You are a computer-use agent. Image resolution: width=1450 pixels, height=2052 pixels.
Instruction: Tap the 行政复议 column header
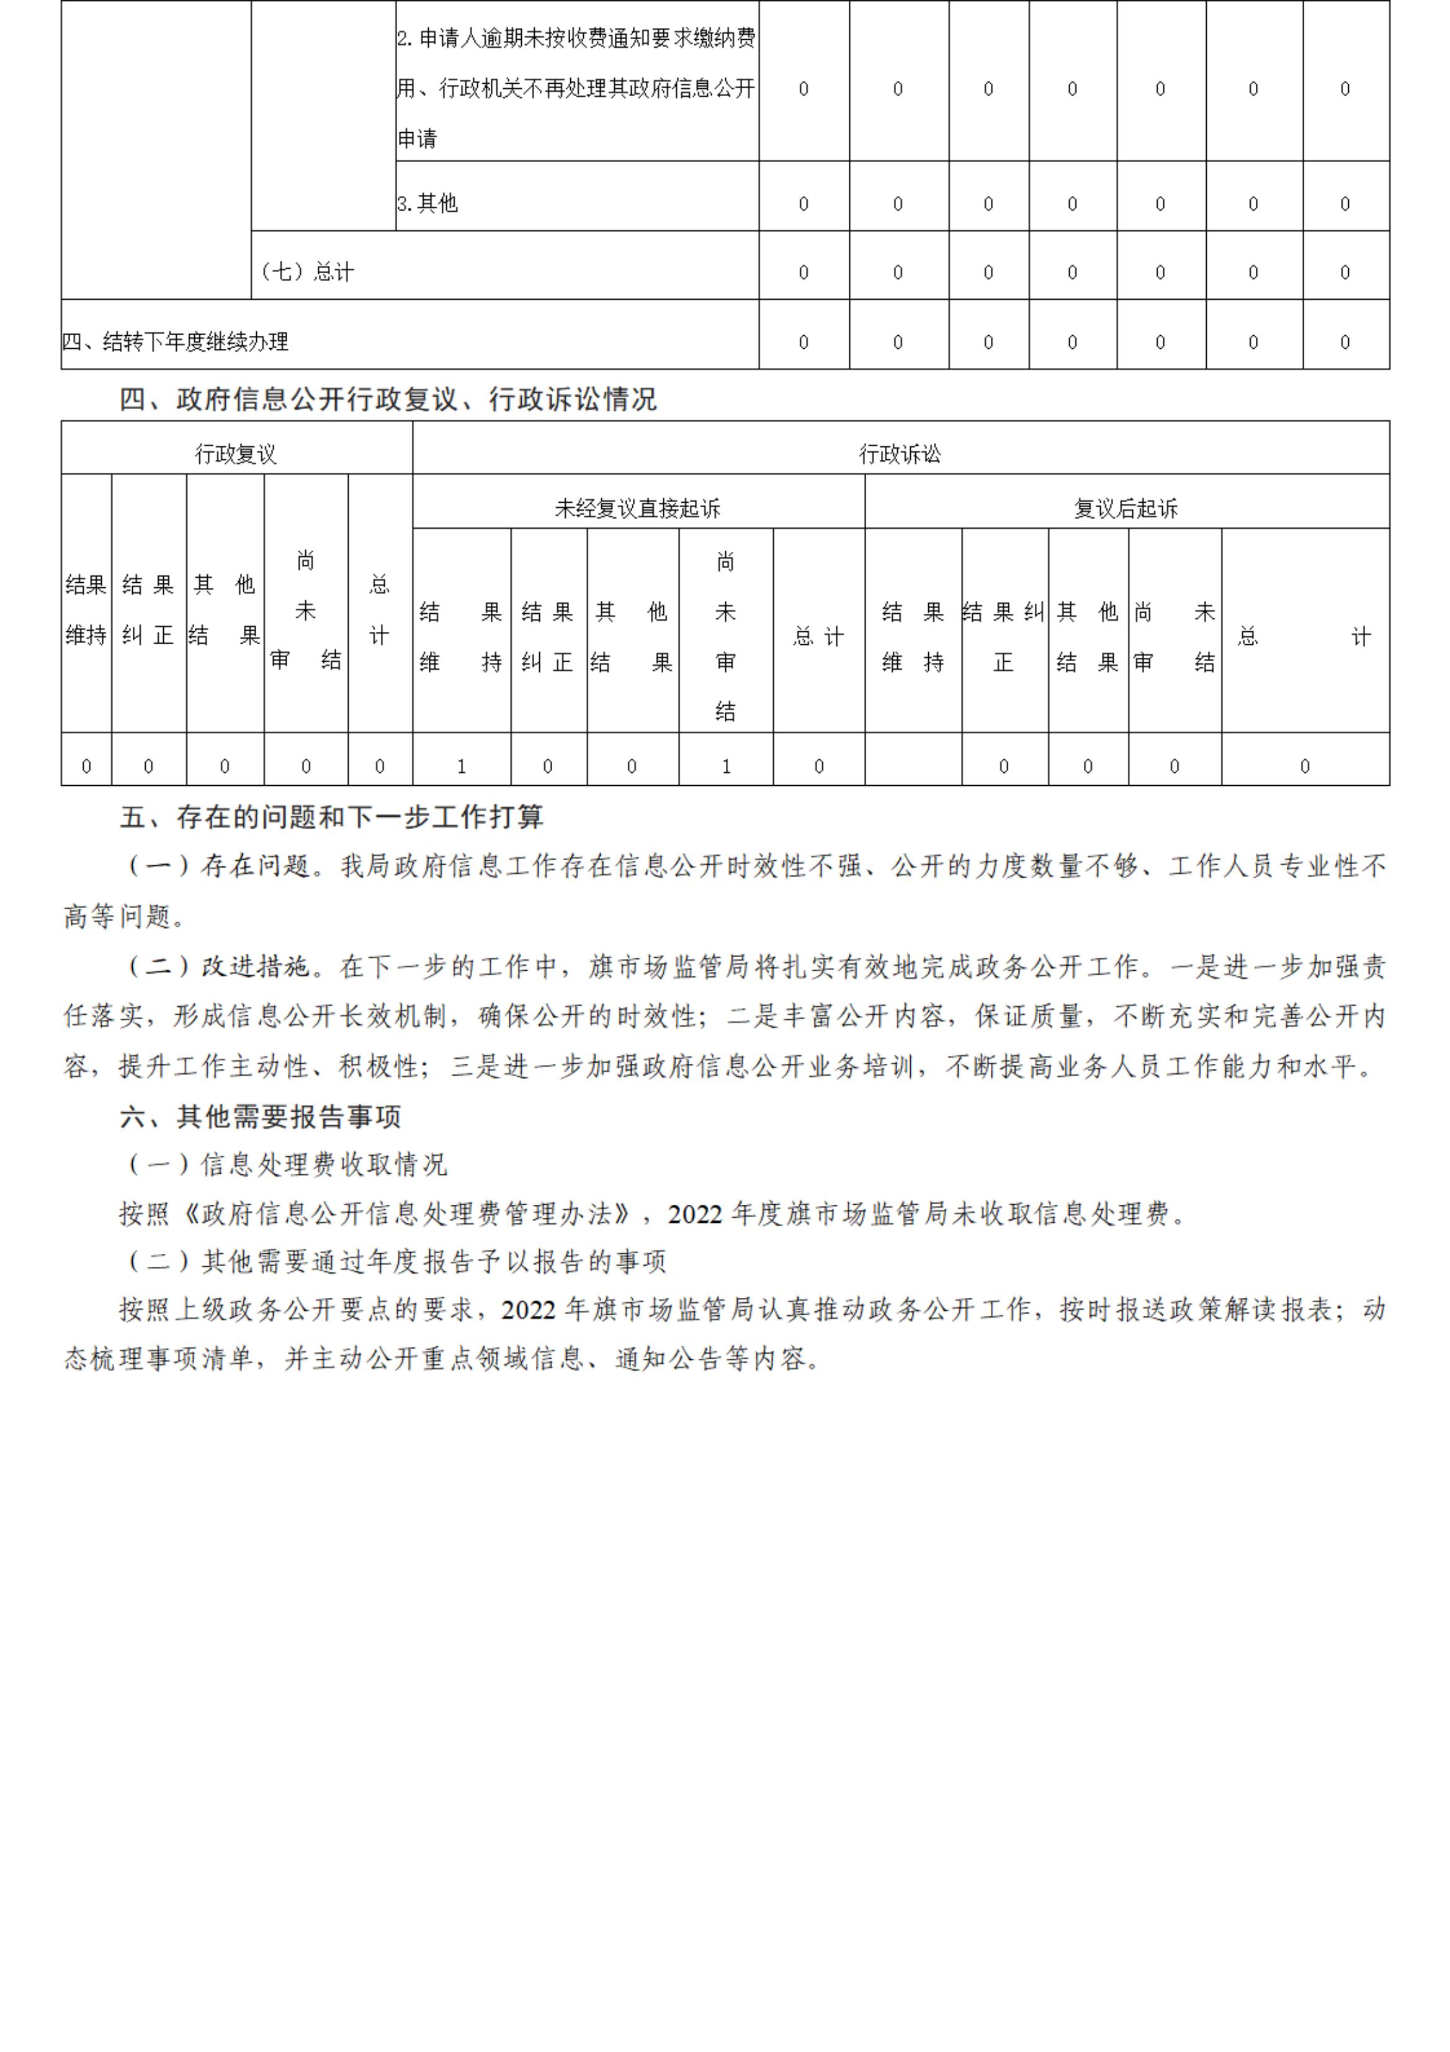pos(236,454)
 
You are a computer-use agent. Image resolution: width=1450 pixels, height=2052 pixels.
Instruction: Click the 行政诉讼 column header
pos(900,454)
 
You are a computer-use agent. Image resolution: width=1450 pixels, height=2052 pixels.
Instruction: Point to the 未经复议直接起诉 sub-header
pos(637,508)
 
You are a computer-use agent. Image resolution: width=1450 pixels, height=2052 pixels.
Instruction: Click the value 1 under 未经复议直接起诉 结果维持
pos(461,766)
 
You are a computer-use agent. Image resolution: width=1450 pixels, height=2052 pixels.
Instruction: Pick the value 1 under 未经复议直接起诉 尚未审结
pos(725,766)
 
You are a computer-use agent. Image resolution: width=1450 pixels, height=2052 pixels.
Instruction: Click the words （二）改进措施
pos(219,966)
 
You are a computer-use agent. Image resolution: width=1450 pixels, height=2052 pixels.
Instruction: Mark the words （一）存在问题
pos(219,866)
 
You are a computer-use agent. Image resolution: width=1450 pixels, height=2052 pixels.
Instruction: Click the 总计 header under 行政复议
pos(380,610)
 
